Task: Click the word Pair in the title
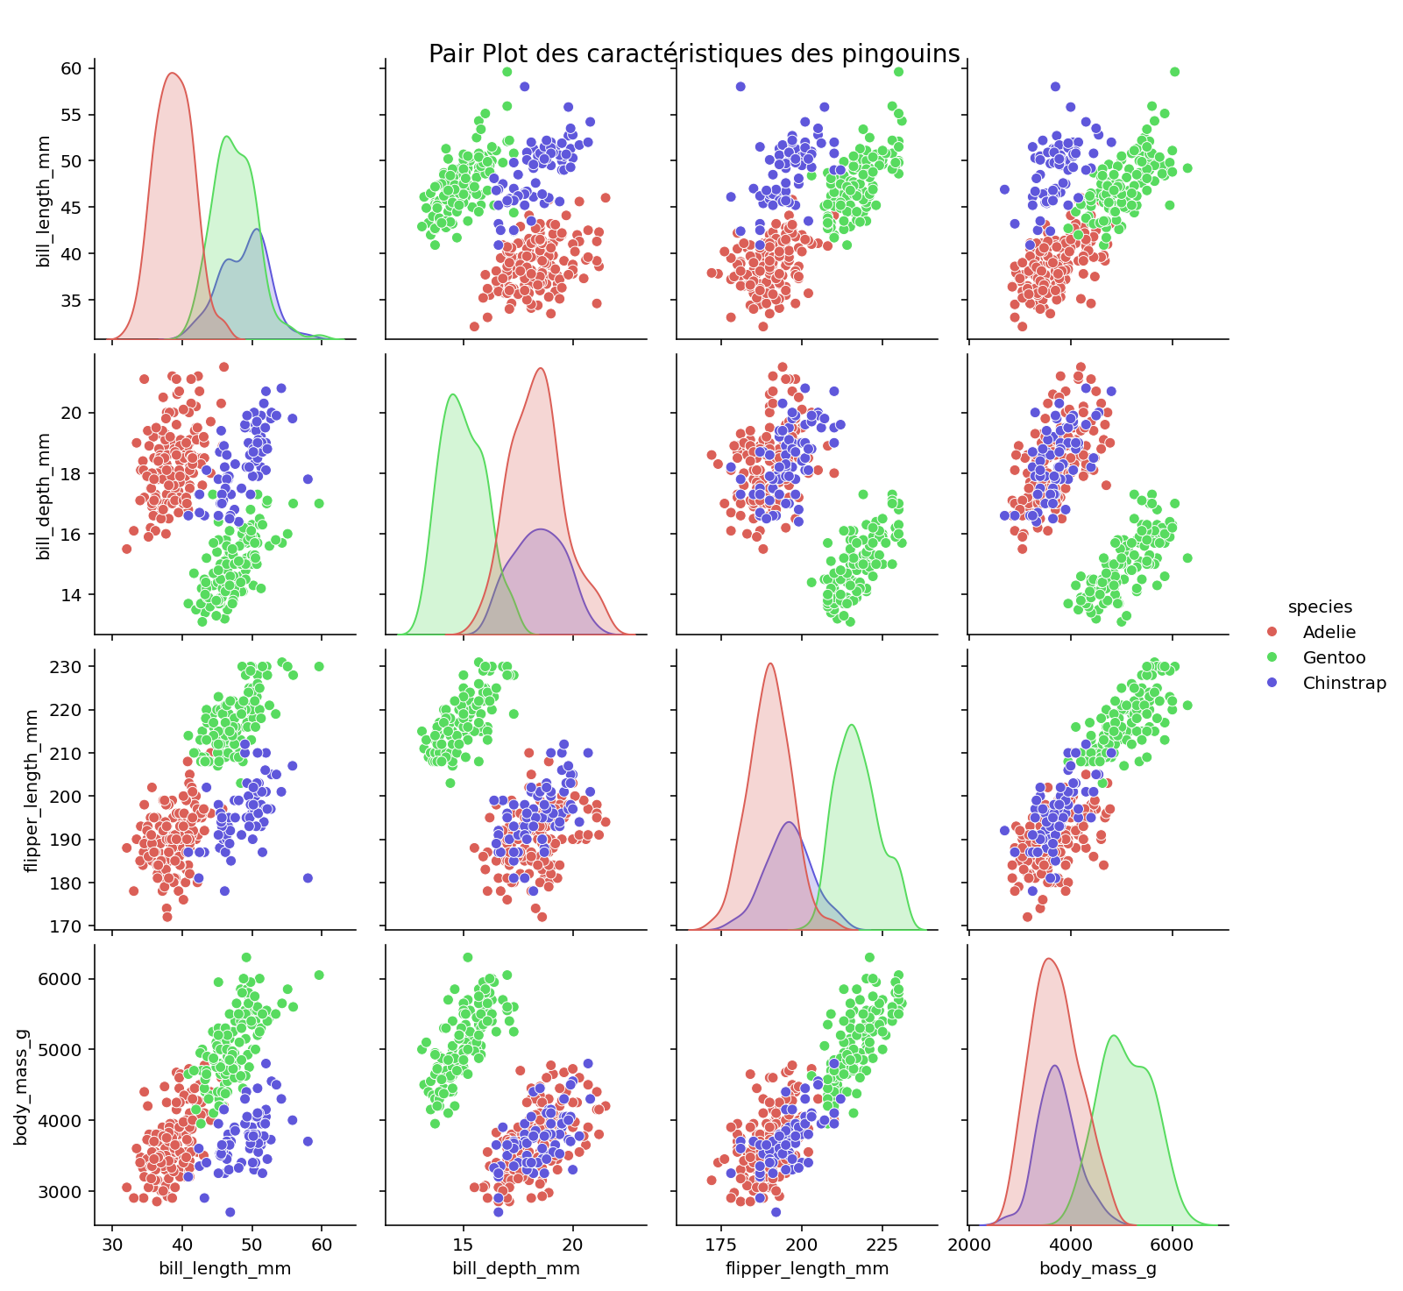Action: tap(447, 54)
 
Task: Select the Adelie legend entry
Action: tap(1329, 632)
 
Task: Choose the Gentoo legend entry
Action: tap(1334, 657)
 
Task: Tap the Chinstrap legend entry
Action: tap(1344, 683)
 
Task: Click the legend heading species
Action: tap(1319, 606)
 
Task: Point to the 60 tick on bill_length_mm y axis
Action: tap(71, 68)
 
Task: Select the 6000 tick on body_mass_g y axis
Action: tap(61, 979)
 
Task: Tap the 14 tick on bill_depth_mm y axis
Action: tap(71, 595)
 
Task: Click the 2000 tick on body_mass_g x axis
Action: tap(968, 1243)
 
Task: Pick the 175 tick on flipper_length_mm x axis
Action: tap(721, 1243)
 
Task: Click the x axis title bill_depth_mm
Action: tap(515, 1268)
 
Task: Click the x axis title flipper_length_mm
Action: tap(806, 1268)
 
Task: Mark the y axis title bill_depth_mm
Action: tap(43, 495)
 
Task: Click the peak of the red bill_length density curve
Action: tap(173, 73)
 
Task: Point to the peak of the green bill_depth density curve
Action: tap(453, 394)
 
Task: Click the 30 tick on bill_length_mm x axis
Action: tap(112, 1243)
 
